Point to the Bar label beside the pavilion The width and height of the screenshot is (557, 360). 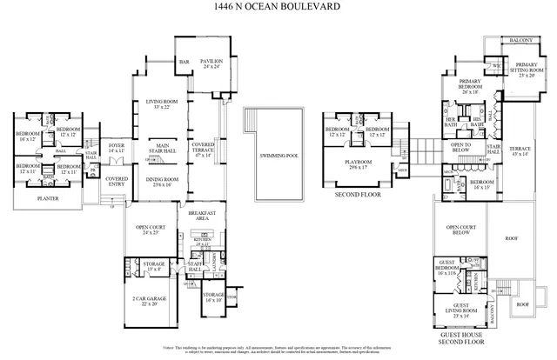(x=185, y=63)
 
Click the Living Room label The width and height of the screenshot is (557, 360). (x=161, y=103)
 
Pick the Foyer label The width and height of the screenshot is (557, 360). (x=117, y=148)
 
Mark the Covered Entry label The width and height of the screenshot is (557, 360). (x=117, y=181)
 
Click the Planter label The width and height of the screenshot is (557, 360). (x=49, y=198)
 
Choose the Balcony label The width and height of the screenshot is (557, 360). (x=521, y=40)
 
